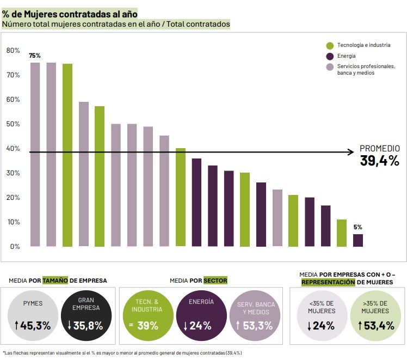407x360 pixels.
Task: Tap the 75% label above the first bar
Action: pos(35,56)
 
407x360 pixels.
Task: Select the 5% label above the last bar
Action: pos(357,227)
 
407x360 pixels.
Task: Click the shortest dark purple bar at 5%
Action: pos(358,240)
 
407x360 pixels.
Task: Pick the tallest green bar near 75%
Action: pos(67,155)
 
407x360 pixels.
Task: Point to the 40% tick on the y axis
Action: pos(13,149)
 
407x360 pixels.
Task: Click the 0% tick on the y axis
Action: pos(15,247)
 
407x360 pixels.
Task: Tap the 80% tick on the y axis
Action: pos(13,51)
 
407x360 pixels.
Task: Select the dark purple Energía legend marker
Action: pos(330,56)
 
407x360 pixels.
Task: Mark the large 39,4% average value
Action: pos(379,161)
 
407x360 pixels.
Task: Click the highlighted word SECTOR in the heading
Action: pos(215,280)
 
